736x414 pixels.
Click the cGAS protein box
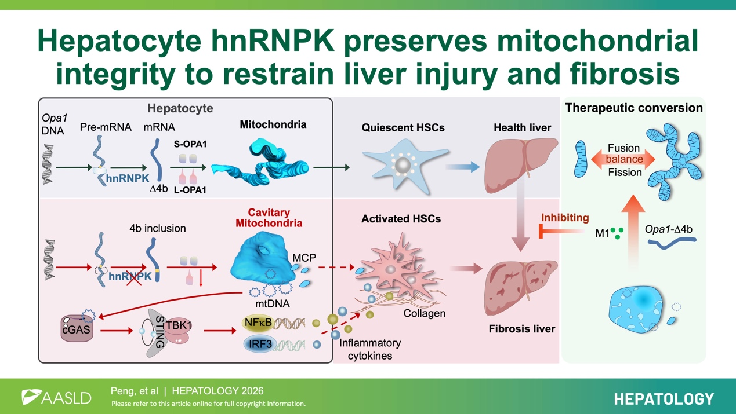coord(77,328)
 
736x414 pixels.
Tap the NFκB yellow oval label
coord(258,323)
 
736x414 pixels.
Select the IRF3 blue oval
coord(260,344)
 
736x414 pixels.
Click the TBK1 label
coord(179,325)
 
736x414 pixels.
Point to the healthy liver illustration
coord(520,165)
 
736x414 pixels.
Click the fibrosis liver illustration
coord(520,287)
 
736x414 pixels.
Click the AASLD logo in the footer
coord(56,397)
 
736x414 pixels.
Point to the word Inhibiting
coord(565,218)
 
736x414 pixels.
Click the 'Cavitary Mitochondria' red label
coord(269,218)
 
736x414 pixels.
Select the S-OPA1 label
coord(190,144)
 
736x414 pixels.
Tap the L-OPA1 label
coord(190,190)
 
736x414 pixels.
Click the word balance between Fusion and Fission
coord(624,159)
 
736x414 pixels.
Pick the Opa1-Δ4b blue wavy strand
coord(672,243)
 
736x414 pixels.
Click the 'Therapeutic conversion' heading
coord(634,108)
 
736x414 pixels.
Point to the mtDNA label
coord(273,303)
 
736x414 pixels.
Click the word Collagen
coord(425,313)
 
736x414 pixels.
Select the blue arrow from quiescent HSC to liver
coord(463,167)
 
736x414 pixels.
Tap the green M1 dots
coord(617,233)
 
